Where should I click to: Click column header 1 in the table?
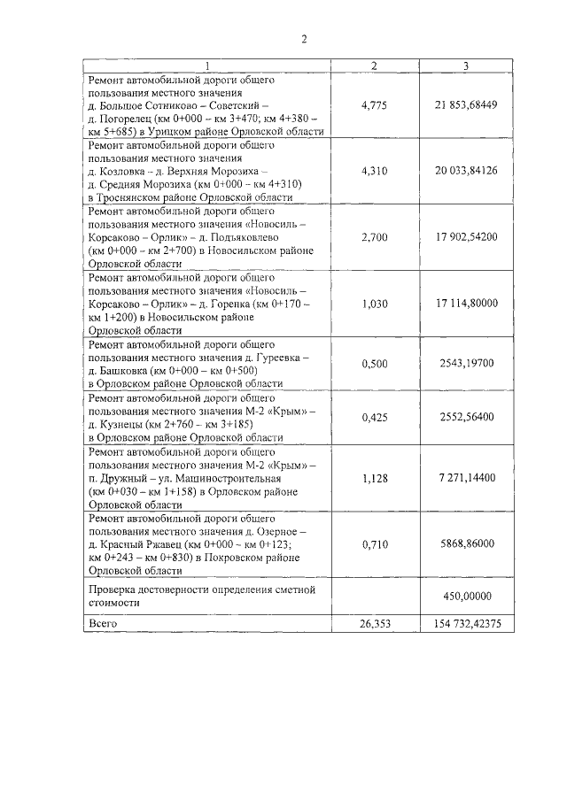point(207,66)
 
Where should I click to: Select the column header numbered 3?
point(466,66)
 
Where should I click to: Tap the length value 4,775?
point(376,105)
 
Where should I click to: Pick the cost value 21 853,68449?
point(466,105)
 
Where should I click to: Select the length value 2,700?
point(376,237)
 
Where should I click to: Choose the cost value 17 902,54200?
point(466,237)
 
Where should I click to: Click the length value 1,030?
point(376,303)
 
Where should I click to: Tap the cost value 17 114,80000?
point(466,303)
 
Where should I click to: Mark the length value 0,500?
point(376,364)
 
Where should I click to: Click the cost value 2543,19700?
point(466,364)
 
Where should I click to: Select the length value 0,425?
point(376,418)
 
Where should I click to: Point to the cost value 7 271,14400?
point(466,477)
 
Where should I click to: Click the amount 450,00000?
point(466,596)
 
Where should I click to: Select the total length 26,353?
point(376,624)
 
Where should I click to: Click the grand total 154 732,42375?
point(466,624)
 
